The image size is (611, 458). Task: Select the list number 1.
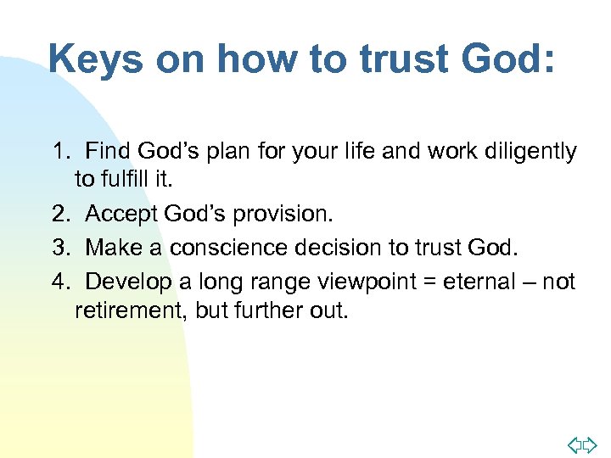pyautogui.click(x=59, y=153)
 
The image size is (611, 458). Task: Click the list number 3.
pyautogui.click(x=59, y=248)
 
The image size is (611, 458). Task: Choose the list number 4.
pyautogui.click(x=59, y=280)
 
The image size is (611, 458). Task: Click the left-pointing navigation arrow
pyautogui.click(x=573, y=444)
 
